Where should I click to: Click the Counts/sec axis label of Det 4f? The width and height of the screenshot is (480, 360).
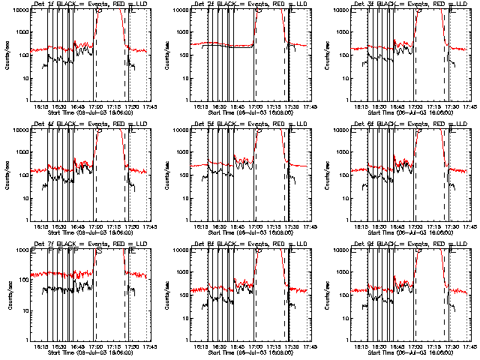coord(7,175)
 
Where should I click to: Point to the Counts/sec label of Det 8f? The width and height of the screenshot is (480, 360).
coord(167,295)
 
